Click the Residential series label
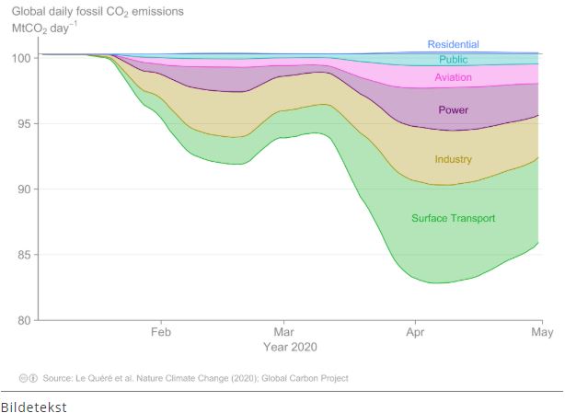pos(453,44)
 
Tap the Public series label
pos(453,60)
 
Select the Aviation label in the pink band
pos(453,78)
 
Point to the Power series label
pos(453,110)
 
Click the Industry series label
pos(453,159)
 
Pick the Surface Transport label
pos(453,218)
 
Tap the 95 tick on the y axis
pos(25,123)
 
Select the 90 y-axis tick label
pos(25,189)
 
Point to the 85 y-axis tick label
pos(25,255)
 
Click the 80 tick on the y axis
pos(25,320)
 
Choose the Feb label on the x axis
pos(162,332)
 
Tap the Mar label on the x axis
pos(284,332)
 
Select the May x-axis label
pos(542,332)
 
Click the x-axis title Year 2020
pos(290,347)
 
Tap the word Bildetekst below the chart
pos(33,405)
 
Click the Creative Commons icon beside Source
pos(28,378)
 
